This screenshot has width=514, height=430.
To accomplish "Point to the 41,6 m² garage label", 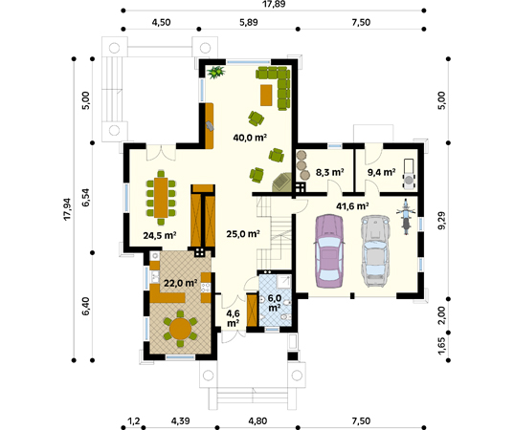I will coord(351,204).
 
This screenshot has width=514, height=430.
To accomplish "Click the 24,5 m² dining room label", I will coord(160,234).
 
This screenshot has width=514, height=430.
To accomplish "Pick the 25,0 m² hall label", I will coord(243,233).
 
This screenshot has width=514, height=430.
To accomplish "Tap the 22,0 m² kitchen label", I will coord(179,283).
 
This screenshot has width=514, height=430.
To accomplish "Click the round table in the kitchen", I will coord(179,328).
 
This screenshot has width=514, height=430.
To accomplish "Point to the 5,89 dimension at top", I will coord(251,24).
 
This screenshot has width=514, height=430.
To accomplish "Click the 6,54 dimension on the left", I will coord(86,198).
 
